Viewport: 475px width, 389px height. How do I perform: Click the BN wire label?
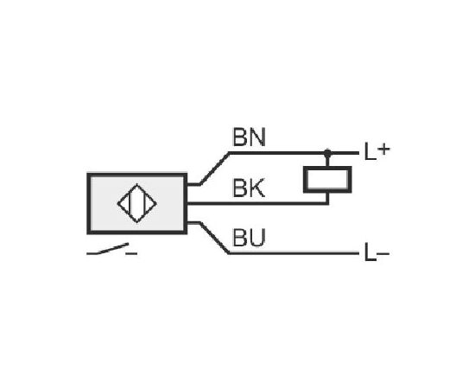[x=249, y=137]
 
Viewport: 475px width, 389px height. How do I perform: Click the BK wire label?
[x=249, y=188]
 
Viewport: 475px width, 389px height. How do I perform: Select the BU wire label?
[x=249, y=238]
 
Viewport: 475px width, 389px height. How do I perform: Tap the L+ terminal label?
[x=377, y=151]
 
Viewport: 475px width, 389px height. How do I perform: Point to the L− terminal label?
[x=377, y=252]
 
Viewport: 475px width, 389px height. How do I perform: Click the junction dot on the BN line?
[x=327, y=153]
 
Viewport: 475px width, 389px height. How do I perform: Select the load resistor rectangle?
[x=327, y=179]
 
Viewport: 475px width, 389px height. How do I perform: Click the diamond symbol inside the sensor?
[x=137, y=203]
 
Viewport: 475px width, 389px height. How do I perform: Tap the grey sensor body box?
[x=137, y=203]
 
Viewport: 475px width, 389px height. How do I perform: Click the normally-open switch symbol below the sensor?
[x=108, y=249]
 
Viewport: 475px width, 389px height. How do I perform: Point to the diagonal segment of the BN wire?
[x=214, y=169]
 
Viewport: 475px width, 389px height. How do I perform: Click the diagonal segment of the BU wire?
[x=214, y=238]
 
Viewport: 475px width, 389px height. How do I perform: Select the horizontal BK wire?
[x=257, y=203]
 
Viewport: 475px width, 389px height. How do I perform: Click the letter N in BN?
[x=257, y=137]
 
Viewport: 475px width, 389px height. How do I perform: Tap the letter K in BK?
[x=257, y=188]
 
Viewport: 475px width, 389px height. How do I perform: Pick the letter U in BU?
[x=257, y=238]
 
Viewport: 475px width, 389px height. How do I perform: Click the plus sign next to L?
[x=383, y=149]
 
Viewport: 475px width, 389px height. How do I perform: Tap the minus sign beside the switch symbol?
[x=131, y=253]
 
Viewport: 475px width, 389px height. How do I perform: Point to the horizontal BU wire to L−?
[x=294, y=253]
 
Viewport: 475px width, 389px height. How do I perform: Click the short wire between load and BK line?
[x=327, y=198]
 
